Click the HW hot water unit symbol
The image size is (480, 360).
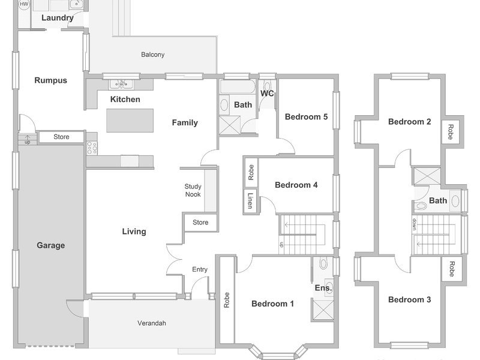click(23, 4)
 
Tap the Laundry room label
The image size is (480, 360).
click(58, 18)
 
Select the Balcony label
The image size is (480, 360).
click(153, 55)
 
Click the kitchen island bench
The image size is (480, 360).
click(130, 121)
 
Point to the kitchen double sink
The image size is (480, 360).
click(121, 84)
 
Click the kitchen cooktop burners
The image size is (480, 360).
click(92, 148)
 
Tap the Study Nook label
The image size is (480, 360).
click(193, 190)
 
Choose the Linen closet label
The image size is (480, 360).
click(250, 201)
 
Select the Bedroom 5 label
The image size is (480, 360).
click(306, 116)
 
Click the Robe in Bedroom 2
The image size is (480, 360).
click(451, 132)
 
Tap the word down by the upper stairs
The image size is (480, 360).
click(415, 224)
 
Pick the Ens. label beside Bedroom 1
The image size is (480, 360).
click(323, 288)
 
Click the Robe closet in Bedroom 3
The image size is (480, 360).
click(452, 269)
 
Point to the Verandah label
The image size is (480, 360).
click(152, 323)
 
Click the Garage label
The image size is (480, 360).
click(51, 245)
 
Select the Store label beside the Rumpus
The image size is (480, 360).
click(61, 137)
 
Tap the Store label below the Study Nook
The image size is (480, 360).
click(200, 222)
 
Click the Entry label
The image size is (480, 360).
click(200, 269)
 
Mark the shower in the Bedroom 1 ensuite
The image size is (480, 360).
click(323, 310)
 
